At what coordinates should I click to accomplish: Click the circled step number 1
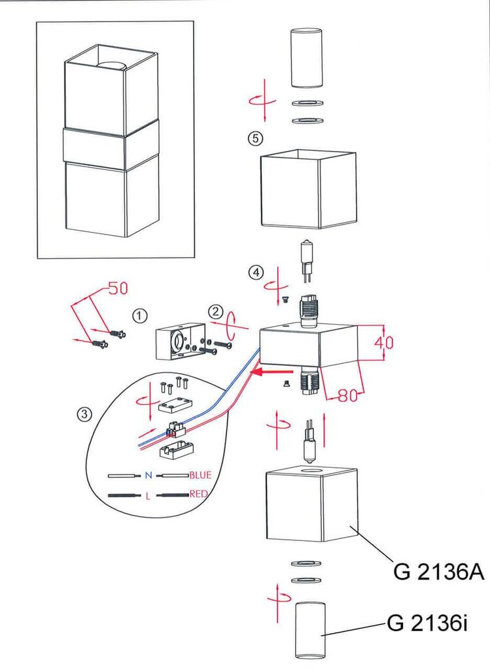click(139, 316)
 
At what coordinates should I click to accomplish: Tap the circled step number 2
click(217, 312)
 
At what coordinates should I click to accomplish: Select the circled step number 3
click(84, 414)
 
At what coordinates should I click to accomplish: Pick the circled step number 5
click(254, 139)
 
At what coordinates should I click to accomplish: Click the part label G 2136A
click(438, 572)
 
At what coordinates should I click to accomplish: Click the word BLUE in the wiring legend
click(200, 475)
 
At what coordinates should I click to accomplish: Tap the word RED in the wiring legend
click(198, 494)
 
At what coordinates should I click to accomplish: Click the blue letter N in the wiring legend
click(149, 475)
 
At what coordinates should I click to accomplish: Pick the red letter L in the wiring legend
click(149, 496)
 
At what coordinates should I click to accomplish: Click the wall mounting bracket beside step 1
click(177, 343)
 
